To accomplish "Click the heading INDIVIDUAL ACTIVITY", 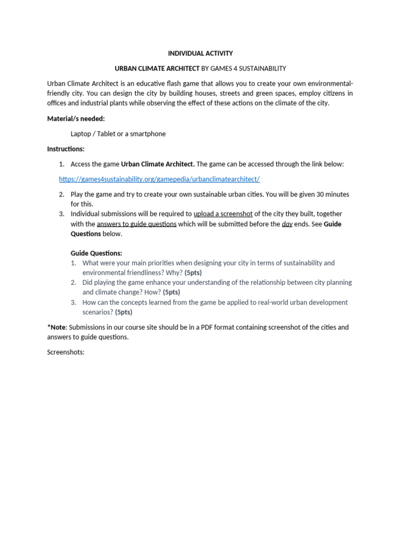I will [200, 53].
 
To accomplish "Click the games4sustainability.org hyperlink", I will [159, 179].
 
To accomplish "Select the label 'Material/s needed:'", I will [76, 119].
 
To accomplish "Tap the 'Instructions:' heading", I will [66, 149].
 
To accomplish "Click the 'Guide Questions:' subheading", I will [96, 253].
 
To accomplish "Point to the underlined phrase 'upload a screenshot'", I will [223, 214].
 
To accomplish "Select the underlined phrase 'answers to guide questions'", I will [137, 224].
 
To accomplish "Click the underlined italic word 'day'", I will [287, 224].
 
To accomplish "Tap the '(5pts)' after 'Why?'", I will [193, 273].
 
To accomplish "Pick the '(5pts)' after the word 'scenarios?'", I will [124, 312].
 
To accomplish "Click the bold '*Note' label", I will [56, 328].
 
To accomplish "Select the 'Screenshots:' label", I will [66, 353].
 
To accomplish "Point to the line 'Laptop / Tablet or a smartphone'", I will [118, 134].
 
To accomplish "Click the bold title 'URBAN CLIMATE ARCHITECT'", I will [157, 68].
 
